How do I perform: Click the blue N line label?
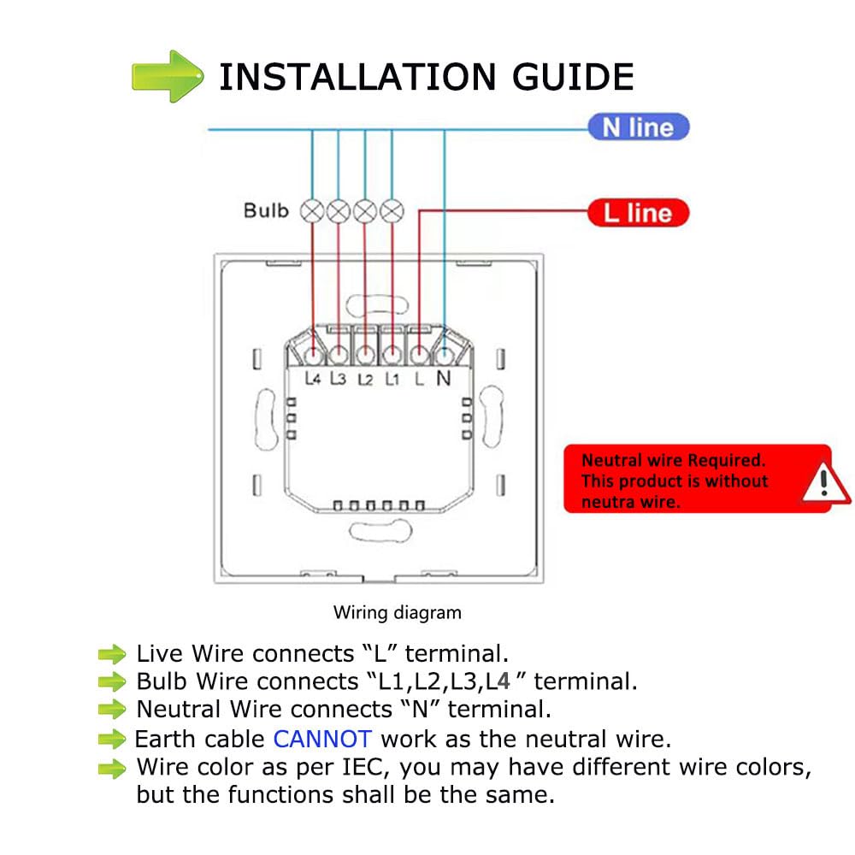[638, 127]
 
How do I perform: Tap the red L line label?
[638, 212]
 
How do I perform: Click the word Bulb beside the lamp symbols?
[266, 210]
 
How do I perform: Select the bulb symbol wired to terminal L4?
[312, 210]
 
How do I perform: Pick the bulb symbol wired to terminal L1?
[392, 210]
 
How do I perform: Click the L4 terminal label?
[312, 378]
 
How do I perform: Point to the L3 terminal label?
[339, 378]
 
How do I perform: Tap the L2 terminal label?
[365, 378]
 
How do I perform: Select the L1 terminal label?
[392, 378]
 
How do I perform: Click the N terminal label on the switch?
[444, 378]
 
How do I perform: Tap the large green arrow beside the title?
[168, 76]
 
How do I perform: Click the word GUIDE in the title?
[574, 77]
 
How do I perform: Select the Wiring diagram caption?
[397, 612]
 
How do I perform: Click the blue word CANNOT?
[322, 739]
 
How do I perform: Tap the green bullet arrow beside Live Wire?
[112, 655]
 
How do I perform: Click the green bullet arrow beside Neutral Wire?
[112, 710]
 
